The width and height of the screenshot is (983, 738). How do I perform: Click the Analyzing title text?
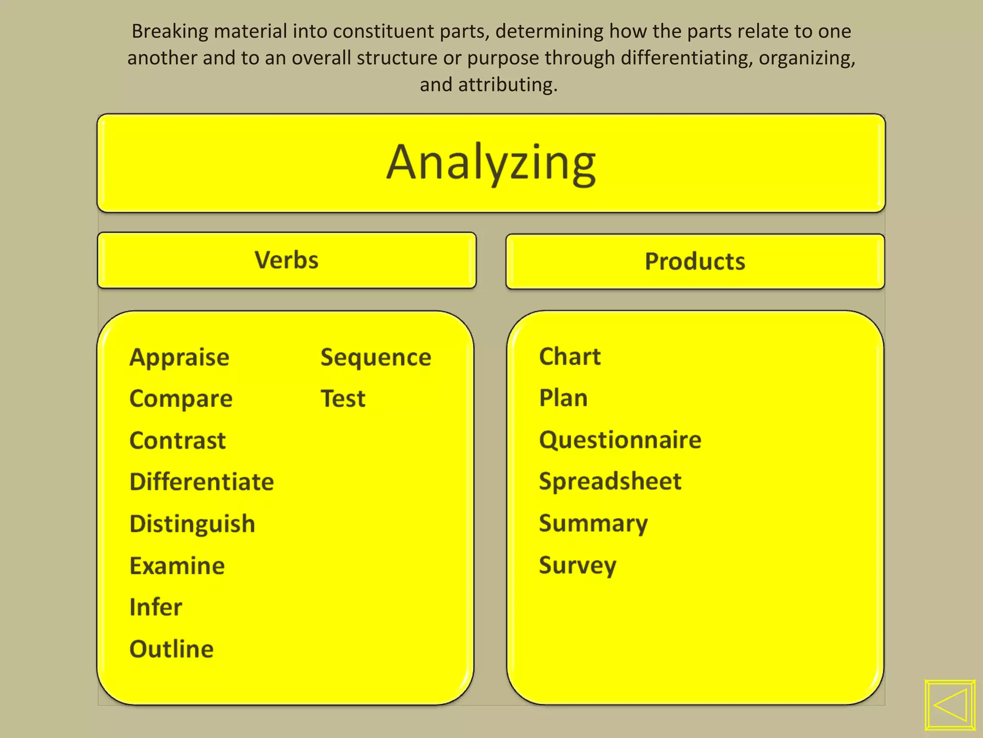(491, 163)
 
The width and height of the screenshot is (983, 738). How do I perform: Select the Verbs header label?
(287, 260)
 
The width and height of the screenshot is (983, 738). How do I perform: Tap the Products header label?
(695, 262)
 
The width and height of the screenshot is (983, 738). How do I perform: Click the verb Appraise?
(180, 357)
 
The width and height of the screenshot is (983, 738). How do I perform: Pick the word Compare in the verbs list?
(181, 399)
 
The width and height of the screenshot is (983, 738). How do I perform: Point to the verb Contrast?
(178, 441)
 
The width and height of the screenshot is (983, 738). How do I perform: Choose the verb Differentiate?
(202, 482)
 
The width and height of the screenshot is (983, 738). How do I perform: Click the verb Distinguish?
(192, 524)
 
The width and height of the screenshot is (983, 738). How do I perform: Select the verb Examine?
(177, 566)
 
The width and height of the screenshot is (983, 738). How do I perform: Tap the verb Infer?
(156, 607)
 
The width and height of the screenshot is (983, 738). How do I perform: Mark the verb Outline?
(171, 649)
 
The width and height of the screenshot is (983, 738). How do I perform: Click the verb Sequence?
(376, 357)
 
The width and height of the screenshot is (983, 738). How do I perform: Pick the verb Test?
(343, 399)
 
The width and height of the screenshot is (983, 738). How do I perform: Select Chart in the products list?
(570, 357)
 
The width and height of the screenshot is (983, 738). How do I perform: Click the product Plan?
(563, 398)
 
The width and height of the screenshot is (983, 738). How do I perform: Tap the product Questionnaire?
(620, 440)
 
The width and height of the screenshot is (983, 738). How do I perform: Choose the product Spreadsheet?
(610, 481)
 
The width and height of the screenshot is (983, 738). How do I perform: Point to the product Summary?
(593, 523)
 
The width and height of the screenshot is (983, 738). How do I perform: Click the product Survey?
(577, 565)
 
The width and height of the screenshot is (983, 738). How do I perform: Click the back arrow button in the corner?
(950, 705)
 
